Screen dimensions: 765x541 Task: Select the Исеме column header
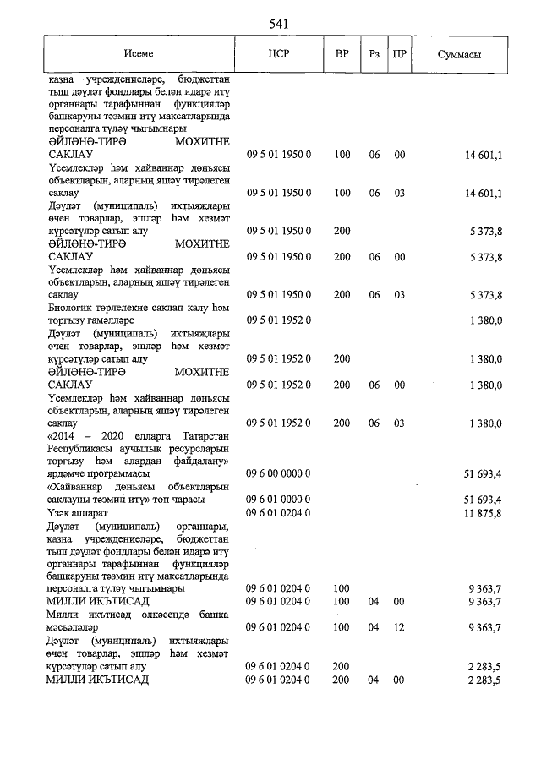coord(138,53)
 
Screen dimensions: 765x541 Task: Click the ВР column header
coord(342,53)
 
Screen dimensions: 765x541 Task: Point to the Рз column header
coord(374,53)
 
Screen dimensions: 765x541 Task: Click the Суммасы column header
coord(460,54)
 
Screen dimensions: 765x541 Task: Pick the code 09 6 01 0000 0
coord(279,500)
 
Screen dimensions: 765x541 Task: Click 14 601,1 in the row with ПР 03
coord(484,193)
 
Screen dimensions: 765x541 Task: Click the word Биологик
coord(72,308)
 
